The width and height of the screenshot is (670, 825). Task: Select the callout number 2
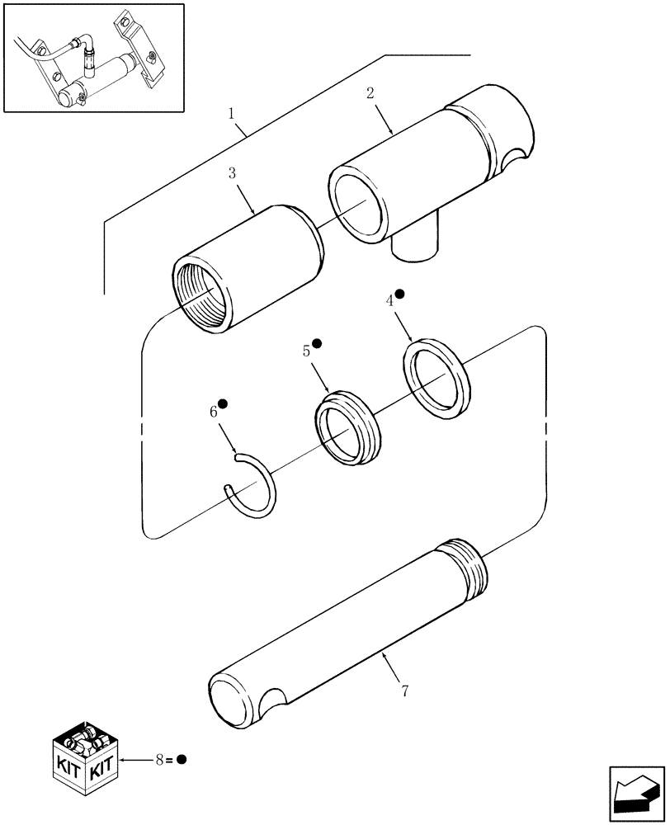pyautogui.click(x=370, y=93)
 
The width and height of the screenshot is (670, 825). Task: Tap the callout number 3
pyautogui.click(x=233, y=173)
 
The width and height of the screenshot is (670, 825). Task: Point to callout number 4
pyautogui.click(x=390, y=301)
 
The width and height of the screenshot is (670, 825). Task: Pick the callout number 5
pyautogui.click(x=306, y=351)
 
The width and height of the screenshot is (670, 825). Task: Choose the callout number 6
pyautogui.click(x=213, y=411)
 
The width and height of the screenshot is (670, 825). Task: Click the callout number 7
pyautogui.click(x=403, y=691)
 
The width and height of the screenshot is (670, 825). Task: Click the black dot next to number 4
pyautogui.click(x=399, y=293)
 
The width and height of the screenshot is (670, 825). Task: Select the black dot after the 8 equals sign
pyautogui.click(x=182, y=759)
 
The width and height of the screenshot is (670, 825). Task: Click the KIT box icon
pyautogui.click(x=83, y=756)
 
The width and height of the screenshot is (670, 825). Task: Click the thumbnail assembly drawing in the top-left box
pyautogui.click(x=93, y=58)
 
